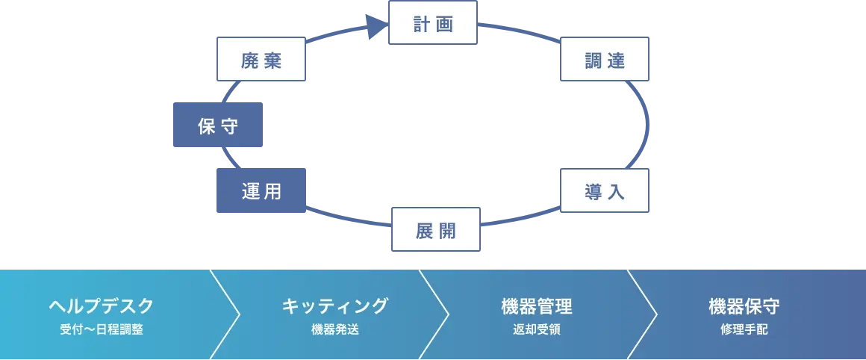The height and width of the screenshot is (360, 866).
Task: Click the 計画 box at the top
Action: (x=433, y=24)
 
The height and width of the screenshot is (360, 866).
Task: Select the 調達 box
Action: (x=605, y=60)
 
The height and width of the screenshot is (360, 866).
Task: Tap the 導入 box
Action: (x=605, y=191)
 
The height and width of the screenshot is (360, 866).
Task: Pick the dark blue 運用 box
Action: (x=261, y=191)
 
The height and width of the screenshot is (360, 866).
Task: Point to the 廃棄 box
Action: (x=261, y=60)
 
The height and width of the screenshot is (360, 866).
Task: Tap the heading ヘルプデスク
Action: (x=102, y=305)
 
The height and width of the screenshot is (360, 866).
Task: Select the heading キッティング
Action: (x=335, y=305)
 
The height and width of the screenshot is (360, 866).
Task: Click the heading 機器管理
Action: (x=537, y=305)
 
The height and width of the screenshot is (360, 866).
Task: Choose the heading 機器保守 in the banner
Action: (x=744, y=305)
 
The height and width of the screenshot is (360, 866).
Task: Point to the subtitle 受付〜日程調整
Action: (x=102, y=329)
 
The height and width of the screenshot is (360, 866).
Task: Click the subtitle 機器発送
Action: (x=335, y=329)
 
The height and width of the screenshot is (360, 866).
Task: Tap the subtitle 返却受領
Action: (x=537, y=329)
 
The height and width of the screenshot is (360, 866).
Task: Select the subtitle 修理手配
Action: (x=744, y=329)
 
